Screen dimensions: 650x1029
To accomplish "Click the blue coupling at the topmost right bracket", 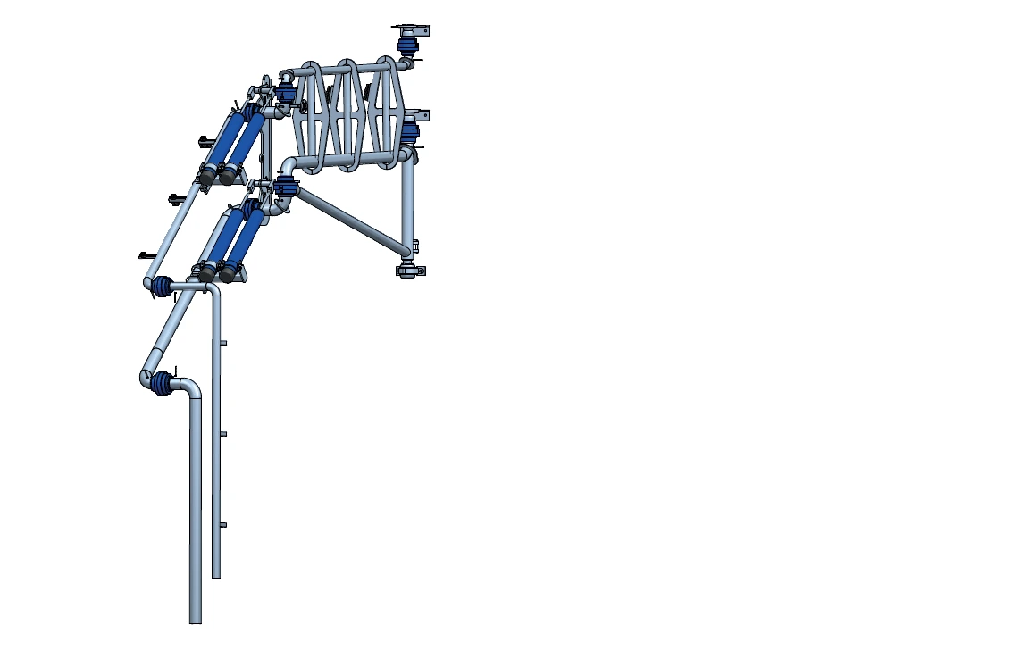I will click(x=408, y=44).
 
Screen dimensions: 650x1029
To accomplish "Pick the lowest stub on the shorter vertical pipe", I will click(x=223, y=525).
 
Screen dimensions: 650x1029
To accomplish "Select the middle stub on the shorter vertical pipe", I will click(x=223, y=434).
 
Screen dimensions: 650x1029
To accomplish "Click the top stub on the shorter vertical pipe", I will click(x=223, y=343).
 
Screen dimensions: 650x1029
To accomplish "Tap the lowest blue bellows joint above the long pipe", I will click(x=162, y=384).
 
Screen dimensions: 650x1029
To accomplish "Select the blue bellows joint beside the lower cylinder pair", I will click(x=163, y=287).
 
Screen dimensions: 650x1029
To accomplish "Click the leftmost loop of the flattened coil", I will click(x=311, y=116).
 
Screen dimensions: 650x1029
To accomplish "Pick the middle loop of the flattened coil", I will click(x=347, y=116).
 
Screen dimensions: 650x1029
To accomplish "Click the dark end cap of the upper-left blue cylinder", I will click(x=205, y=177).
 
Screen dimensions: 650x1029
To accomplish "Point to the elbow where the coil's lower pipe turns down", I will click(x=289, y=166).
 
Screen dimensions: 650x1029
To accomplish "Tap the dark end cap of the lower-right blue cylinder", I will click(x=229, y=274).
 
